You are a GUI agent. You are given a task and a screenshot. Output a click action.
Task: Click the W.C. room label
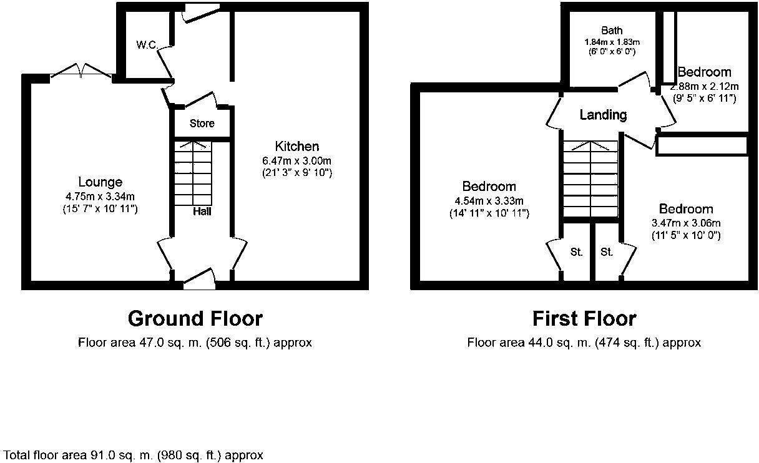point(146,44)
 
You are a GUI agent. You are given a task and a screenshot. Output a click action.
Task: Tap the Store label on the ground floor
point(202,124)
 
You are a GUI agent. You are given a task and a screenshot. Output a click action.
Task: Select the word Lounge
point(100,182)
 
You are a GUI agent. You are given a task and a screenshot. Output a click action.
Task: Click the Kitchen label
point(297,146)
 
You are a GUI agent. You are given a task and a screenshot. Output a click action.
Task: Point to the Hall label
point(202,212)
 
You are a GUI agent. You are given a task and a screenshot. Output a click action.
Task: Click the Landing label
point(603,115)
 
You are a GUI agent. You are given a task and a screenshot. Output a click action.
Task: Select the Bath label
point(612,31)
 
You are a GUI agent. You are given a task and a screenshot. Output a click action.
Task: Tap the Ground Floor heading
point(195,319)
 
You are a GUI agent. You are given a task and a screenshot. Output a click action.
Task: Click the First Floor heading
point(584,319)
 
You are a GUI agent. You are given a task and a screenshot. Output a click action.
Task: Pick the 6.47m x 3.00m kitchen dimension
point(297,160)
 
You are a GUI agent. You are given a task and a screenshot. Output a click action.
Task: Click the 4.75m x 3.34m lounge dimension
point(100,197)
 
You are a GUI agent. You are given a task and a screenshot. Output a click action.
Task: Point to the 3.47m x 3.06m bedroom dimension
point(687,223)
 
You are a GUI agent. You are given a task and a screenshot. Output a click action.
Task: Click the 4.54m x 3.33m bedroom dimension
point(489,200)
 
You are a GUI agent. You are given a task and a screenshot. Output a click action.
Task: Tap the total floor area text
point(134,455)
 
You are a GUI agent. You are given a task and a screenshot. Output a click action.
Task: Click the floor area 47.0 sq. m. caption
point(195,343)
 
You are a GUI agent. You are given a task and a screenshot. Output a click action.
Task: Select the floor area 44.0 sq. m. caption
point(584,343)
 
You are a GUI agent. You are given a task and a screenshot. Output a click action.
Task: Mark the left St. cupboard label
point(576,252)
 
